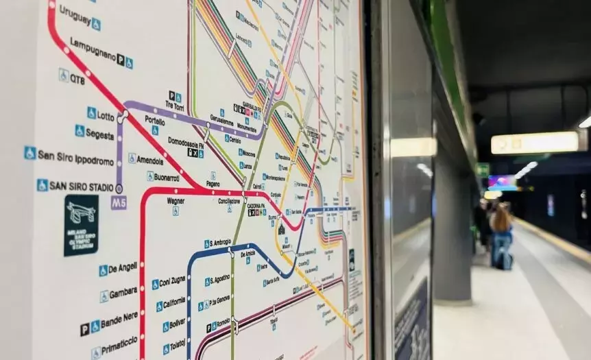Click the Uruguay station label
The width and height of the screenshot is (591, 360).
click(75, 14)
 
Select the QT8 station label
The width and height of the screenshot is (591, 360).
click(77, 79)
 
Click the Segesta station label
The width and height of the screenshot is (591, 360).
click(100, 134)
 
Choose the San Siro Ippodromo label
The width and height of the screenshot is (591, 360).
click(76, 161)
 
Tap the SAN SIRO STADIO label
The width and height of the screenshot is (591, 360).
click(82, 185)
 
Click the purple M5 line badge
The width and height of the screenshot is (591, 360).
click(119, 202)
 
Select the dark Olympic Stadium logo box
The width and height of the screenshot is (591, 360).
click(82, 226)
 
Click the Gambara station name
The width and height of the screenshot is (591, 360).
click(123, 292)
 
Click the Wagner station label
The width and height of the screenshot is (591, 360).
click(176, 201)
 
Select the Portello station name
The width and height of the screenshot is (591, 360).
click(155, 121)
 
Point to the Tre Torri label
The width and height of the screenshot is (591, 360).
click(175, 105)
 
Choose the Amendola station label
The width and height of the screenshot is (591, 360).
click(150, 160)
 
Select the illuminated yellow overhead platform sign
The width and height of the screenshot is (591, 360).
click(535, 143)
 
